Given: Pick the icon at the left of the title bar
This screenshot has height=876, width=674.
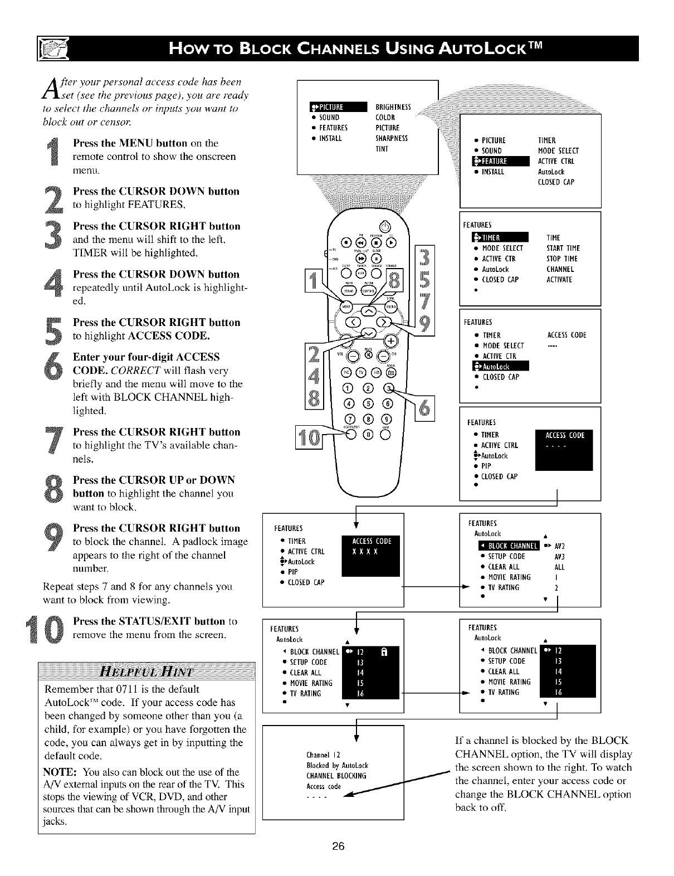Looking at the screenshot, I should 51,49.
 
